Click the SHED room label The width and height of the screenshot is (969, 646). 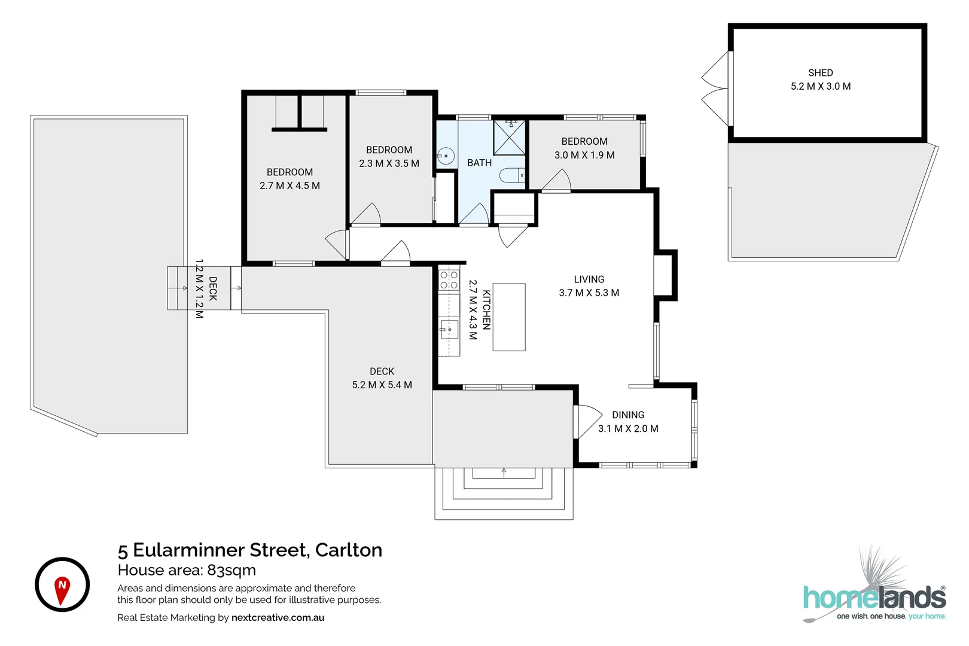click(821, 73)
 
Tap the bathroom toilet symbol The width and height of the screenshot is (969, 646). click(512, 175)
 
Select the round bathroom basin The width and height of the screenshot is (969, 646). click(445, 156)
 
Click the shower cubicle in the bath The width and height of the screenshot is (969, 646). click(510, 138)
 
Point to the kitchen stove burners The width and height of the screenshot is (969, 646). click(449, 280)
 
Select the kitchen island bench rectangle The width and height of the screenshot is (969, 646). click(509, 317)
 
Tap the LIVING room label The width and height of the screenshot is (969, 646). click(589, 279)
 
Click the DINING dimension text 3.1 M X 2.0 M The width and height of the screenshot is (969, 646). click(628, 429)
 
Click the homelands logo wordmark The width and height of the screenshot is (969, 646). click(874, 598)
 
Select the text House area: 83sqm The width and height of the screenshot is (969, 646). click(187, 570)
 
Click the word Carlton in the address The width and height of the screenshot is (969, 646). click(349, 550)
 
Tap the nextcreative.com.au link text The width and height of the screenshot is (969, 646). click(278, 617)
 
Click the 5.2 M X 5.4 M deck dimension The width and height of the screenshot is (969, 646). click(382, 385)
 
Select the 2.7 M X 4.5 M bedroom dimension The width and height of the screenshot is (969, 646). click(290, 185)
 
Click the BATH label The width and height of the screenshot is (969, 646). click(479, 163)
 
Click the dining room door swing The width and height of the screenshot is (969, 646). click(589, 421)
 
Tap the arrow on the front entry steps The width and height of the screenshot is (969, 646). click(504, 473)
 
